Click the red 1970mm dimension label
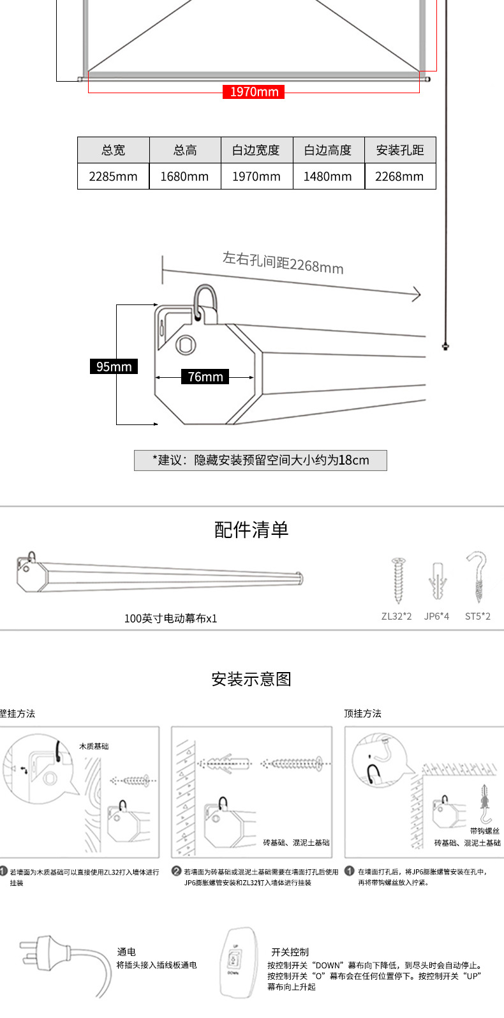(x=254, y=92)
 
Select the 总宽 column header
(x=114, y=150)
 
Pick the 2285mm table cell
(x=114, y=177)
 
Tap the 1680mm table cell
(x=185, y=177)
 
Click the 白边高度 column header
(x=328, y=150)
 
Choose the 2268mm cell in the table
(x=399, y=177)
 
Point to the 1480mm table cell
(x=328, y=177)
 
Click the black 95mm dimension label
(x=114, y=366)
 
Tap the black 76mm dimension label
(x=205, y=377)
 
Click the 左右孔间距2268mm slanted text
(x=283, y=262)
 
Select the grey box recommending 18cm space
(x=260, y=460)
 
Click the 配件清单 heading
(x=251, y=530)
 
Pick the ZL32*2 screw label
(x=397, y=617)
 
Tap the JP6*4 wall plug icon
(x=437, y=581)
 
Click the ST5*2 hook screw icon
(x=477, y=578)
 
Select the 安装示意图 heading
(x=251, y=679)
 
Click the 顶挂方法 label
(x=362, y=714)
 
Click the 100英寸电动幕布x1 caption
(x=170, y=618)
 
